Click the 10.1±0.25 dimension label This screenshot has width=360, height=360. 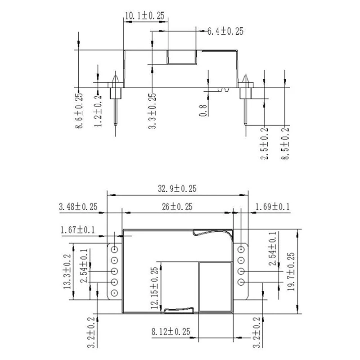coord(145,16)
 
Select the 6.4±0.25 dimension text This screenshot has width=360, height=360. coord(225,31)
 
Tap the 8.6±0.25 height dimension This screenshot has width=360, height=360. coord(79,110)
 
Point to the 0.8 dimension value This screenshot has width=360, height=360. coord(203,110)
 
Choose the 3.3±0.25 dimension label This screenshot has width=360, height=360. coord(152,111)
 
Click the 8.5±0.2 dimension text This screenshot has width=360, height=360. coord(285,144)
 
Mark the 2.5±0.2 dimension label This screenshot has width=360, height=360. coord(264,144)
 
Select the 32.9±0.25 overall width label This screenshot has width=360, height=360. coord(177,189)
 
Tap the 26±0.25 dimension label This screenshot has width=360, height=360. coord(177,207)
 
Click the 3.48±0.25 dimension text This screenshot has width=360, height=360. coord(78,207)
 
